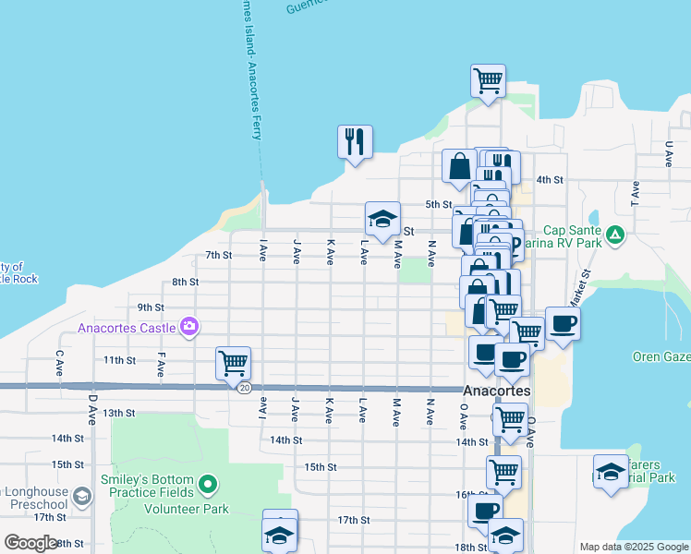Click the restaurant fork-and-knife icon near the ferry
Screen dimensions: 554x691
355,142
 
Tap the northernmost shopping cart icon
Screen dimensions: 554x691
487,79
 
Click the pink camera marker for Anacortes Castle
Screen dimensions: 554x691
190,326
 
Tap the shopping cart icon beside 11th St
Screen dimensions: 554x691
233,361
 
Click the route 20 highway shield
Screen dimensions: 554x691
244,388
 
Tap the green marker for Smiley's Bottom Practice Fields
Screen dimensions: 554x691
209,483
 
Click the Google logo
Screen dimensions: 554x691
31,542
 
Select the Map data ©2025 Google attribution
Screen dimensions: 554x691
633,547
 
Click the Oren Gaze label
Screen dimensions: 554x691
661,356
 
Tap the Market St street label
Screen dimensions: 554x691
584,286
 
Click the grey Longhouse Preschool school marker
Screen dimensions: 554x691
81,498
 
